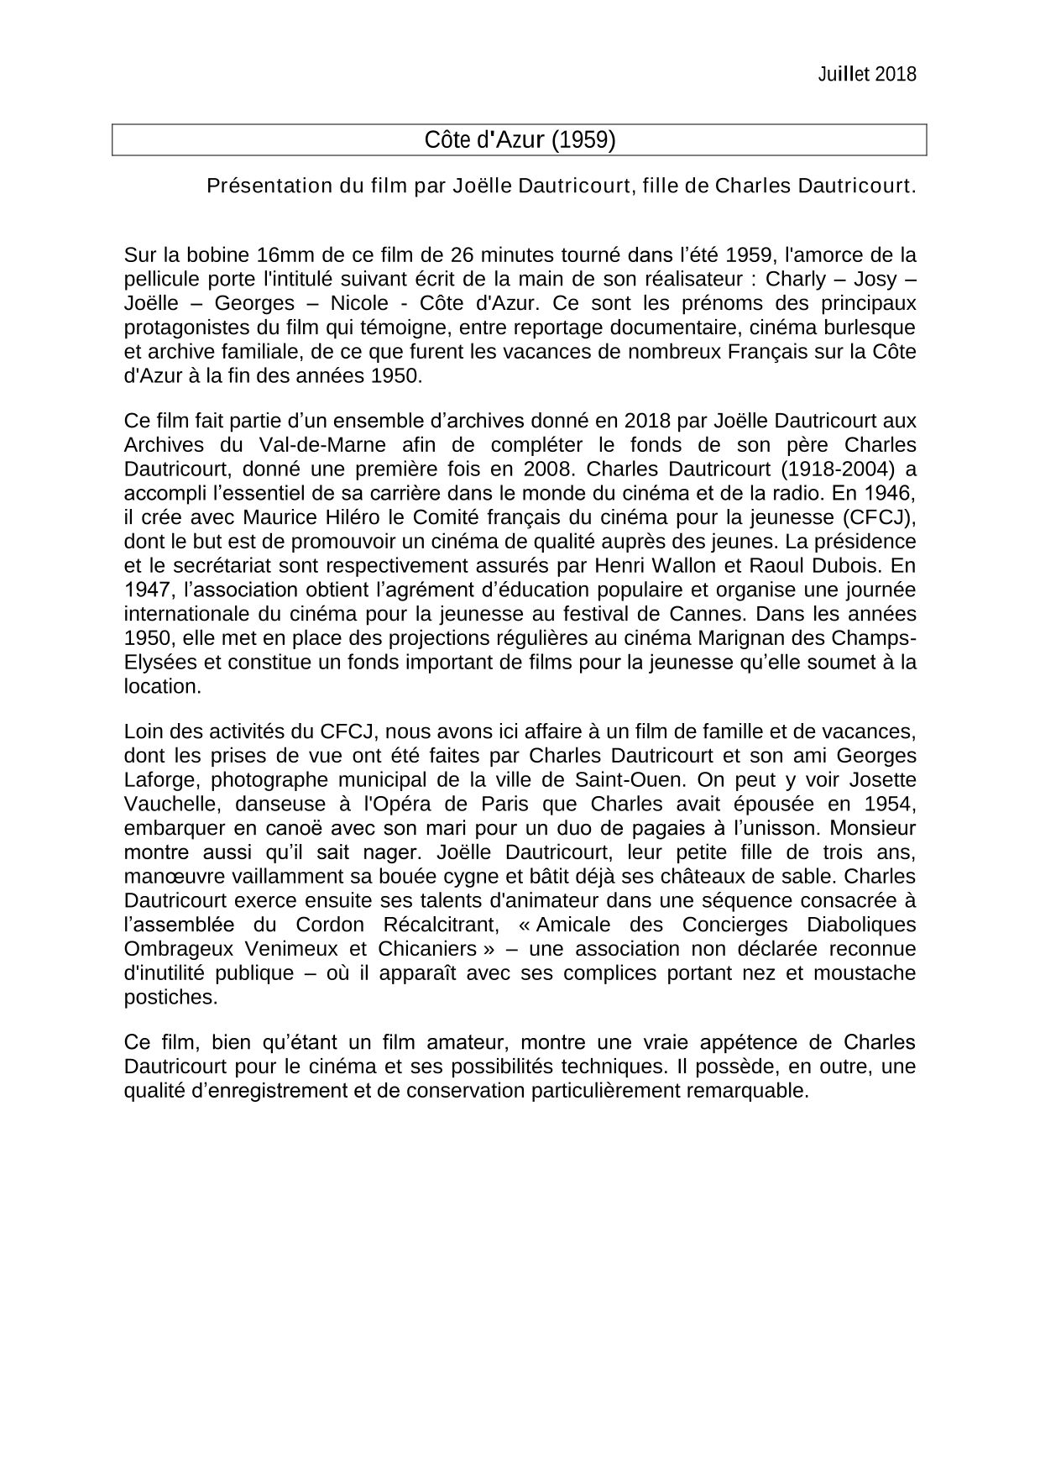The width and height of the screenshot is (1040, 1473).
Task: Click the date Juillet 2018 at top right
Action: pos(866,74)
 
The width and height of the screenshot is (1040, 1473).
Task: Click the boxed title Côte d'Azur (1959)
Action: pos(520,139)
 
